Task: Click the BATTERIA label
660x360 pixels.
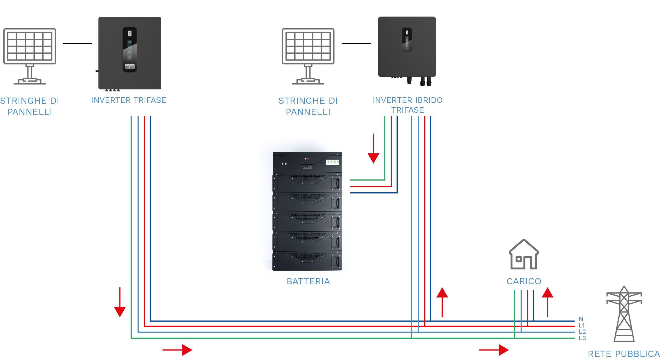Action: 308,281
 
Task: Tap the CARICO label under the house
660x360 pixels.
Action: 524,281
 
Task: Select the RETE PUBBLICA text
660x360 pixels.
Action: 624,354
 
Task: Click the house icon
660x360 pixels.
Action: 524,254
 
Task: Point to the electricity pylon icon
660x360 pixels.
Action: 624,314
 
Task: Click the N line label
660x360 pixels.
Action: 581,319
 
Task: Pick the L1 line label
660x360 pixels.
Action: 582,326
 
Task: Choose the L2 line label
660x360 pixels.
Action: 582,332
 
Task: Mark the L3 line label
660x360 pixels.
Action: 582,338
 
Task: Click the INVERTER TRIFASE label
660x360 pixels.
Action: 129,100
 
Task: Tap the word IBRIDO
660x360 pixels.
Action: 429,100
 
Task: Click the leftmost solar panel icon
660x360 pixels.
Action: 30,56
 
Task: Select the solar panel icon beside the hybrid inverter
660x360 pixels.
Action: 308,56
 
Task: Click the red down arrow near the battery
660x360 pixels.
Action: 373,149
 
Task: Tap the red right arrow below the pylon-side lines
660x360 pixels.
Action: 494,350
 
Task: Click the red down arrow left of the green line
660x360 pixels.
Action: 120,302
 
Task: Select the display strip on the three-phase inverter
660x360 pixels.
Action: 130,50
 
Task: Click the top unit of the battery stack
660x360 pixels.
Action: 307,162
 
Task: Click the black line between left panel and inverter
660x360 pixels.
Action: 77,43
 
